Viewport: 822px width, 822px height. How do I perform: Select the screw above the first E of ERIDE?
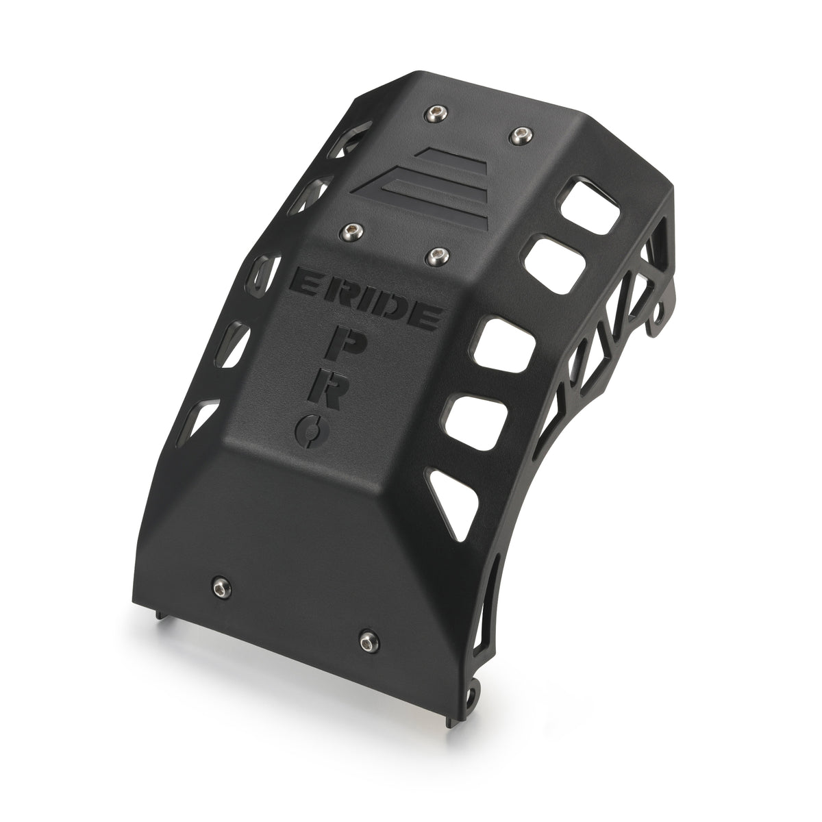point(353,230)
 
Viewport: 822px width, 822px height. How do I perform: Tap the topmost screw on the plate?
point(434,111)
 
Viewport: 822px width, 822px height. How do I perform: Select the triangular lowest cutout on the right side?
point(456,488)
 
